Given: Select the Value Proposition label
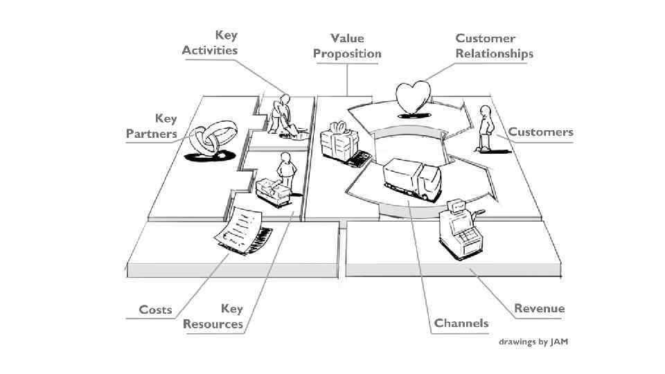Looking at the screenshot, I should [347, 46].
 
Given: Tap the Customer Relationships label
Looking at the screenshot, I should [494, 46].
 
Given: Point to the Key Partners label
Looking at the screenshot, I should [152, 126].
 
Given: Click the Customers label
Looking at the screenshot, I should [540, 132].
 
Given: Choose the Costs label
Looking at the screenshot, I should [155, 310].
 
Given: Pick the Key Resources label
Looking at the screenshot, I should [213, 316].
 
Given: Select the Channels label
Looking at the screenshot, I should [461, 323].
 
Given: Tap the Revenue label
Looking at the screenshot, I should [539, 308].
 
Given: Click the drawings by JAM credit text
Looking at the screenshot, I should [533, 342].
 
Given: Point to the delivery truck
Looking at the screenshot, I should [411, 179].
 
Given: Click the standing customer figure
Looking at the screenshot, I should [486, 127].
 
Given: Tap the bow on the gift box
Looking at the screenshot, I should [338, 127].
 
